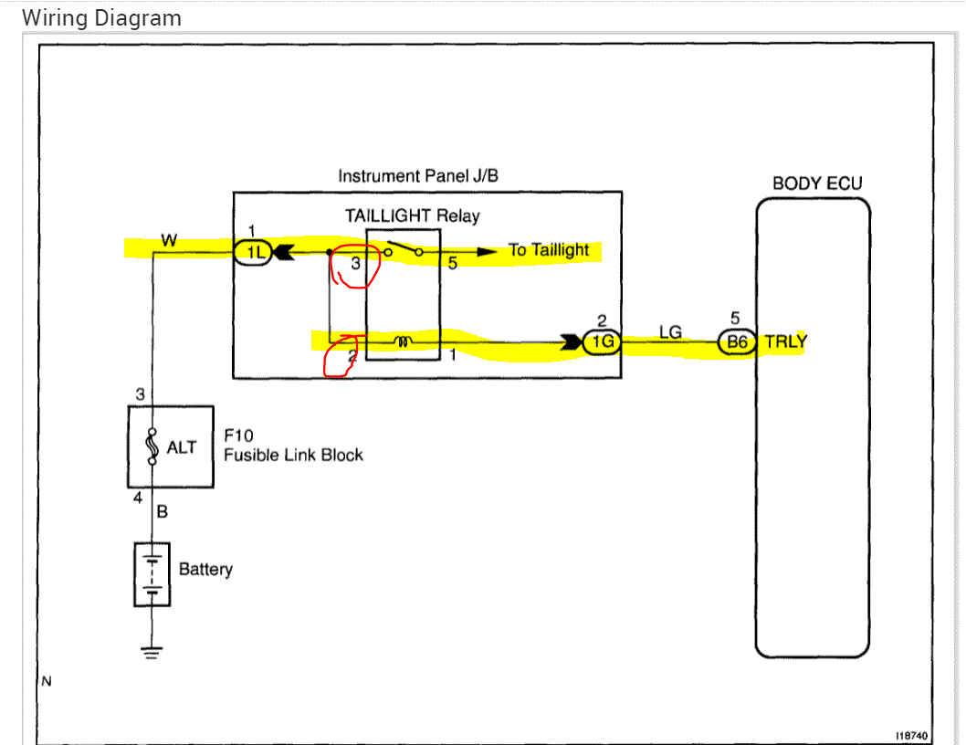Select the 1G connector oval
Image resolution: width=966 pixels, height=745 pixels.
603,343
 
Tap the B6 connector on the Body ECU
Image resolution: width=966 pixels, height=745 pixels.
736,343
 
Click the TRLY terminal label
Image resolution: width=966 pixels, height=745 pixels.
785,343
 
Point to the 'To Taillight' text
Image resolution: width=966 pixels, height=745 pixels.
549,250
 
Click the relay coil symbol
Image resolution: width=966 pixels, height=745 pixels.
404,342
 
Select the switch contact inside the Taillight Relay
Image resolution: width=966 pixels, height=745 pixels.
403,251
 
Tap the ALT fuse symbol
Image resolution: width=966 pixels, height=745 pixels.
152,447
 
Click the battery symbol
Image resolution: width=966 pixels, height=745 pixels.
152,573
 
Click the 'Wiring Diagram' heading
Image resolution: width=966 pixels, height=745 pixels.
100,18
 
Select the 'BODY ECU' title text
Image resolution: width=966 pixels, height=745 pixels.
816,184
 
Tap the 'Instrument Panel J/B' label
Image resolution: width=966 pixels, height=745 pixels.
418,176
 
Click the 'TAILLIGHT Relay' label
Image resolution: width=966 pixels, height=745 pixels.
412,216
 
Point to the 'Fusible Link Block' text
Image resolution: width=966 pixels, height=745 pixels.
293,455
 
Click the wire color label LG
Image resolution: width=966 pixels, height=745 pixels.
670,332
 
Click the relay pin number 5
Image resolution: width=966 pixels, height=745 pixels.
451,263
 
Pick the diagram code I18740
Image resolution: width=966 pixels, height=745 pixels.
911,735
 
